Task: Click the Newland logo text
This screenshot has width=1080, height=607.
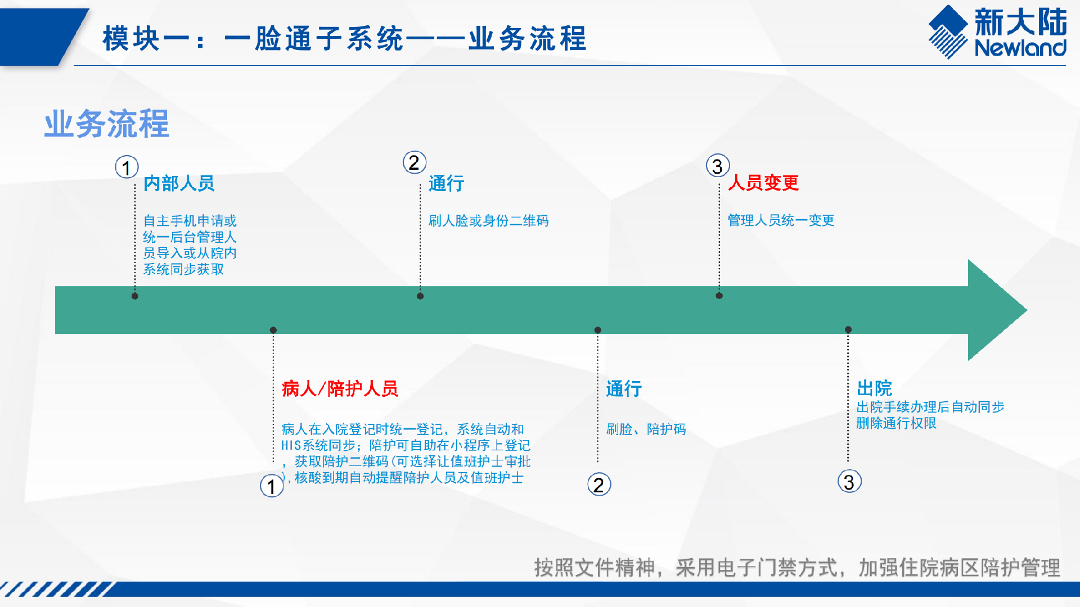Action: click(x=1020, y=48)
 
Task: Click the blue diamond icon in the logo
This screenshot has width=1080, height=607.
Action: click(x=948, y=31)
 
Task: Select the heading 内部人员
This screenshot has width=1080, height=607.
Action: click(x=179, y=183)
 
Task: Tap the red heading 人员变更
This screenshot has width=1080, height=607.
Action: click(x=763, y=183)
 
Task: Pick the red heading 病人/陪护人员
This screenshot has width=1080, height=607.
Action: click(x=340, y=388)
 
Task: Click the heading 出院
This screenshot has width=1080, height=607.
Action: click(x=874, y=388)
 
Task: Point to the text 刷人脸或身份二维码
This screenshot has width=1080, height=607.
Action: click(x=488, y=220)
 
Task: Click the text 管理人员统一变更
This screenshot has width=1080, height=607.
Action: click(x=781, y=220)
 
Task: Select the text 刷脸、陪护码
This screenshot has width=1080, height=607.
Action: click(x=646, y=429)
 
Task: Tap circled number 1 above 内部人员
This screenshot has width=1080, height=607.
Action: click(x=127, y=167)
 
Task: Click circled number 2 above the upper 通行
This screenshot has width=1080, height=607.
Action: click(x=415, y=162)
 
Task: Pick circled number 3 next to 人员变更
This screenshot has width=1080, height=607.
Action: click(x=718, y=166)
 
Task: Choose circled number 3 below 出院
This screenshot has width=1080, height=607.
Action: click(x=849, y=482)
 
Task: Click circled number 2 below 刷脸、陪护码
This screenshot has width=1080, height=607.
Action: click(x=599, y=484)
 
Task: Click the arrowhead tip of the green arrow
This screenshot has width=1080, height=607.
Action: click(x=1027, y=310)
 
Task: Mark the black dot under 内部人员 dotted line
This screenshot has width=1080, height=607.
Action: click(x=135, y=296)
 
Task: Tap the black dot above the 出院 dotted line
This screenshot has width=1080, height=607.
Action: click(x=848, y=329)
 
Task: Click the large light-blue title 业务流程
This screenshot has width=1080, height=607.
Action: click(x=106, y=124)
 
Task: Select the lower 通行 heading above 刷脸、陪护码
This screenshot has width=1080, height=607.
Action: click(x=624, y=388)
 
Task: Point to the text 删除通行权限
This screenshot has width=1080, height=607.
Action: click(x=896, y=423)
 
